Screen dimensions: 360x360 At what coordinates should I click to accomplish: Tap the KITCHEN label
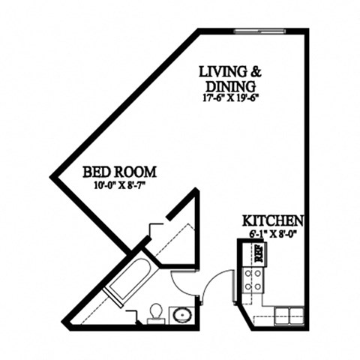click(272, 222)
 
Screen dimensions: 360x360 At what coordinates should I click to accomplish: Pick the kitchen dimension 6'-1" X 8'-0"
click(271, 234)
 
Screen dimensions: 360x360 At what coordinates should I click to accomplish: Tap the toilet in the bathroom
click(156, 312)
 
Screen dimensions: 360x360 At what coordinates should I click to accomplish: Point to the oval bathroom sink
click(181, 313)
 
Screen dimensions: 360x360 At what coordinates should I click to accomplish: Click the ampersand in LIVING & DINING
click(256, 72)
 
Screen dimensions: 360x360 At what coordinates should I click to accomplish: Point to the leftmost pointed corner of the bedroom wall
click(52, 177)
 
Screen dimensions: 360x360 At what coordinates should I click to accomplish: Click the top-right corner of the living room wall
click(306, 31)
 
